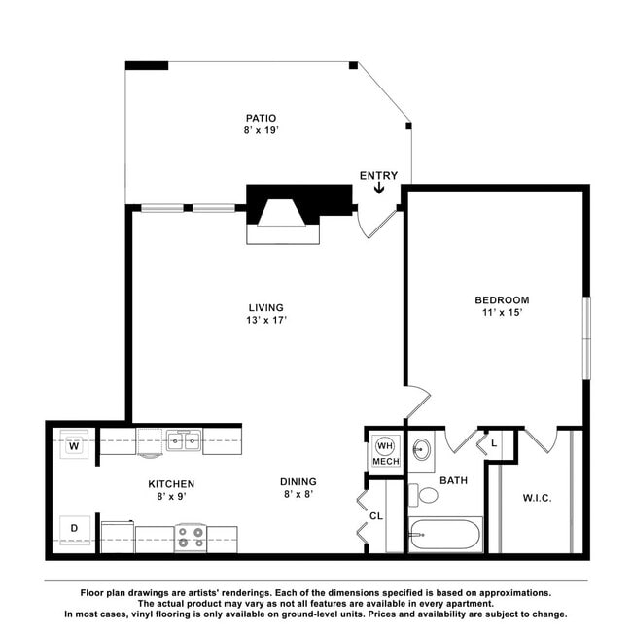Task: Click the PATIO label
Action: (262, 118)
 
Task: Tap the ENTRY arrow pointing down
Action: (379, 188)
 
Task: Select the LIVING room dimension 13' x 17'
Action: (266, 320)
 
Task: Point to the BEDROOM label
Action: (502, 299)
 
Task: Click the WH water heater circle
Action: (385, 445)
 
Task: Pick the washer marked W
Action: (74, 444)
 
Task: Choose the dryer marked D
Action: (75, 530)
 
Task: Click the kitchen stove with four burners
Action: (191, 538)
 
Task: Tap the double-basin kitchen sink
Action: (184, 440)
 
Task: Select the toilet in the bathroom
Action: (423, 495)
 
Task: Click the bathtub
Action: (445, 535)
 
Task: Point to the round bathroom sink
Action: (422, 448)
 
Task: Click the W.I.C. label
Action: (538, 498)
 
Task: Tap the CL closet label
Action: (376, 516)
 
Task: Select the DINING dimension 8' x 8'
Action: (298, 494)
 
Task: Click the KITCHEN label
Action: (171, 484)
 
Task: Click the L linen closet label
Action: (494, 443)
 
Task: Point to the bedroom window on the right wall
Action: (587, 338)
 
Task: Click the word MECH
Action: (386, 462)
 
